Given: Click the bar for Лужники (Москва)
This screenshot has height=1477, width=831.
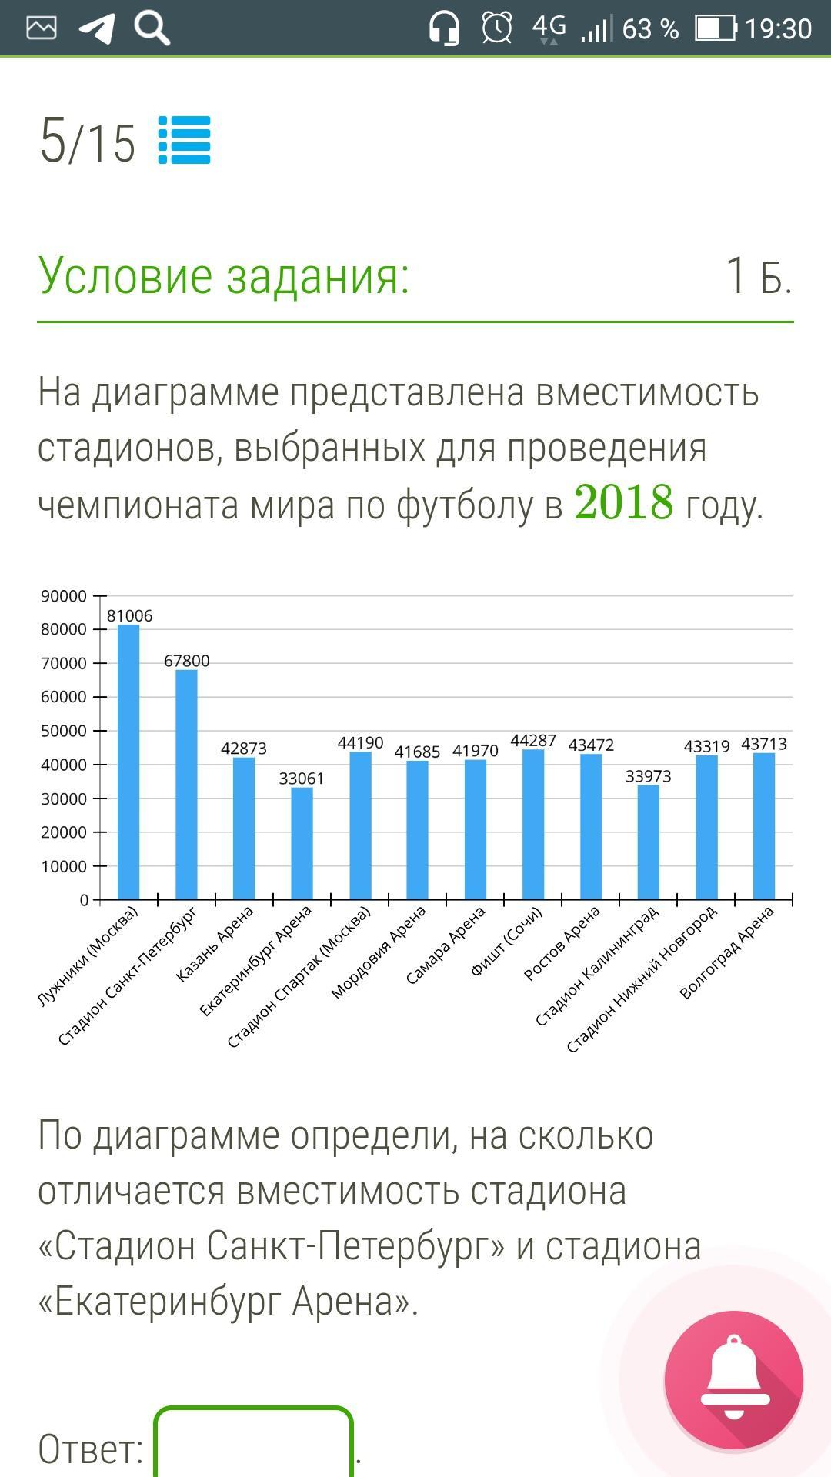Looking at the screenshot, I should point(128,762).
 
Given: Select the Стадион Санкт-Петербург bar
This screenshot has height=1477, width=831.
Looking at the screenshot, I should point(186,784).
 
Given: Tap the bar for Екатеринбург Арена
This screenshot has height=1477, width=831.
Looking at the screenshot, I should point(302,842).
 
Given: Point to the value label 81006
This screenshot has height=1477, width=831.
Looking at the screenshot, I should point(129,615).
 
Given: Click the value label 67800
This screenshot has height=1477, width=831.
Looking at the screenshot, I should point(186,661).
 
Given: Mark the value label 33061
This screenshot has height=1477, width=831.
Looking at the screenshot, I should point(302,779).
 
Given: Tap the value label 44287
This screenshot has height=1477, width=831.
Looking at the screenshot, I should point(533,740).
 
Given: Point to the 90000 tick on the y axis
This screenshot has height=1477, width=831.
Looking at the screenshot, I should point(64,596).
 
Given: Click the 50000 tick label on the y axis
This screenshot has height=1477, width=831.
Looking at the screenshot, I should point(64,731).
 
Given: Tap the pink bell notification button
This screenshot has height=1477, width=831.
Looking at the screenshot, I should point(733,1379).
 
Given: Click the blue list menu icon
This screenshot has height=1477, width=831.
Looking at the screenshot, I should point(185,140).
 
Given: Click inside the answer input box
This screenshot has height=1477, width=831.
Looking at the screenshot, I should point(253,1445).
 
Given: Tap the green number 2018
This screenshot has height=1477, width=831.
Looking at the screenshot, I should point(623,502).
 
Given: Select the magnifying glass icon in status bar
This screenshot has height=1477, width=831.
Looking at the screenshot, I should point(152,28).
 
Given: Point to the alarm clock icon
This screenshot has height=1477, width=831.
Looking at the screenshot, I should point(496,28).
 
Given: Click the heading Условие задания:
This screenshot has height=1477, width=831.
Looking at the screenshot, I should point(224,275).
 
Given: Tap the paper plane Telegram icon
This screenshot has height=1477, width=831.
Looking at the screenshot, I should point(98,28).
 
